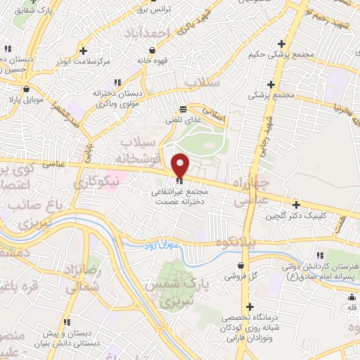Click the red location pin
180,165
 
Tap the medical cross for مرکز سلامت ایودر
84,51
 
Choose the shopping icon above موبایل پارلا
26,89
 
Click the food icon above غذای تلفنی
183,109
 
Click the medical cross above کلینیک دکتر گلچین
296,204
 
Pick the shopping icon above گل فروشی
243,265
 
